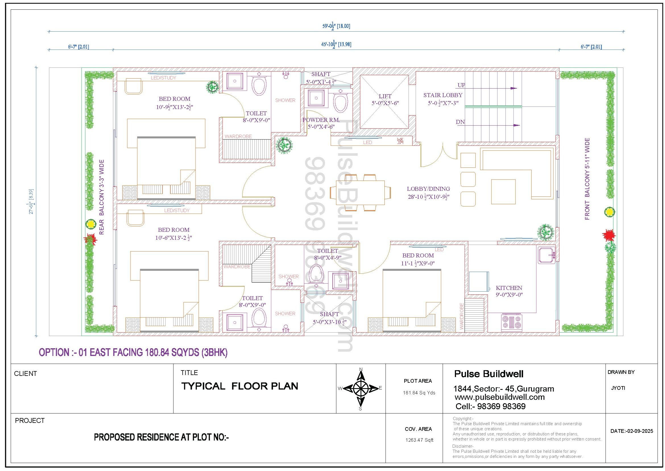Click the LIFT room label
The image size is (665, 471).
coord(385,96)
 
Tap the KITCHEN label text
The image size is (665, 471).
coord(509,288)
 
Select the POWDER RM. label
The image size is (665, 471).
coord(321,120)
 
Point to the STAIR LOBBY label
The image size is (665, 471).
coord(443,95)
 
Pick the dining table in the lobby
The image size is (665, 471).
coord(360,193)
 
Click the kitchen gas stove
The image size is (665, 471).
coord(511,323)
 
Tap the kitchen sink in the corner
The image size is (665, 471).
coord(546,255)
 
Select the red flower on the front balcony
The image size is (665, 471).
coord(608,235)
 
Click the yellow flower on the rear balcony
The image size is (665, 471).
coord(91,224)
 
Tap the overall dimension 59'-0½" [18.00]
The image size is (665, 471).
coord(336,26)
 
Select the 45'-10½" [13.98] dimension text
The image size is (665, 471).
coord(336,44)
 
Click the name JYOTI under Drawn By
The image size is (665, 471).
coord(618,388)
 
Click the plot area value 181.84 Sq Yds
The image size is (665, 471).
coord(419,393)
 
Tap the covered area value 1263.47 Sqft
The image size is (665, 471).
coord(419,440)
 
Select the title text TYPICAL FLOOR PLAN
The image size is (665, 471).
coord(239,386)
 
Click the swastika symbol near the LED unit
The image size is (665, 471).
coord(400,141)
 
